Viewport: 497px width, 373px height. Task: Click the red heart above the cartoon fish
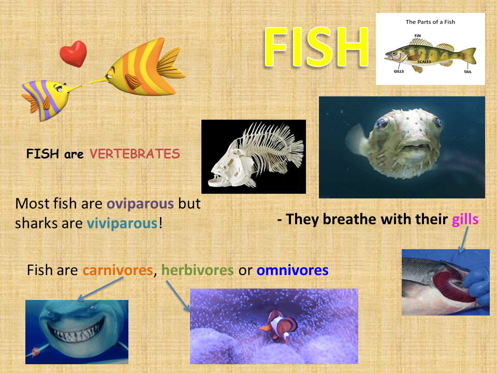pyautogui.click(x=73, y=53)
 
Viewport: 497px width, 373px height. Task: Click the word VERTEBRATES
pyautogui.click(x=135, y=154)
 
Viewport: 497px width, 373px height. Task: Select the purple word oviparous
pyautogui.click(x=140, y=204)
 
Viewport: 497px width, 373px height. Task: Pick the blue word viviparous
pyautogui.click(x=122, y=223)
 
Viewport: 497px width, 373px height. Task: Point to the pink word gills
pyautogui.click(x=465, y=220)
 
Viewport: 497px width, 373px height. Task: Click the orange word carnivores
pyautogui.click(x=118, y=270)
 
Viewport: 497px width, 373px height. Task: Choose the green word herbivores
pyautogui.click(x=197, y=270)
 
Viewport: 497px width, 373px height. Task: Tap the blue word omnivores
pyautogui.click(x=292, y=270)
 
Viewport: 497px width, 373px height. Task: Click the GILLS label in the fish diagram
pyautogui.click(x=399, y=71)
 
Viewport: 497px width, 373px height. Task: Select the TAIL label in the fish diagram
pyautogui.click(x=467, y=71)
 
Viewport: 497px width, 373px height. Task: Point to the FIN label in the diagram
pyautogui.click(x=417, y=36)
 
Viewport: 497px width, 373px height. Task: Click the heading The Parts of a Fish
pyautogui.click(x=430, y=22)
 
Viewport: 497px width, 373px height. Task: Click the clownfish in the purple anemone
pyautogui.click(x=279, y=326)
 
